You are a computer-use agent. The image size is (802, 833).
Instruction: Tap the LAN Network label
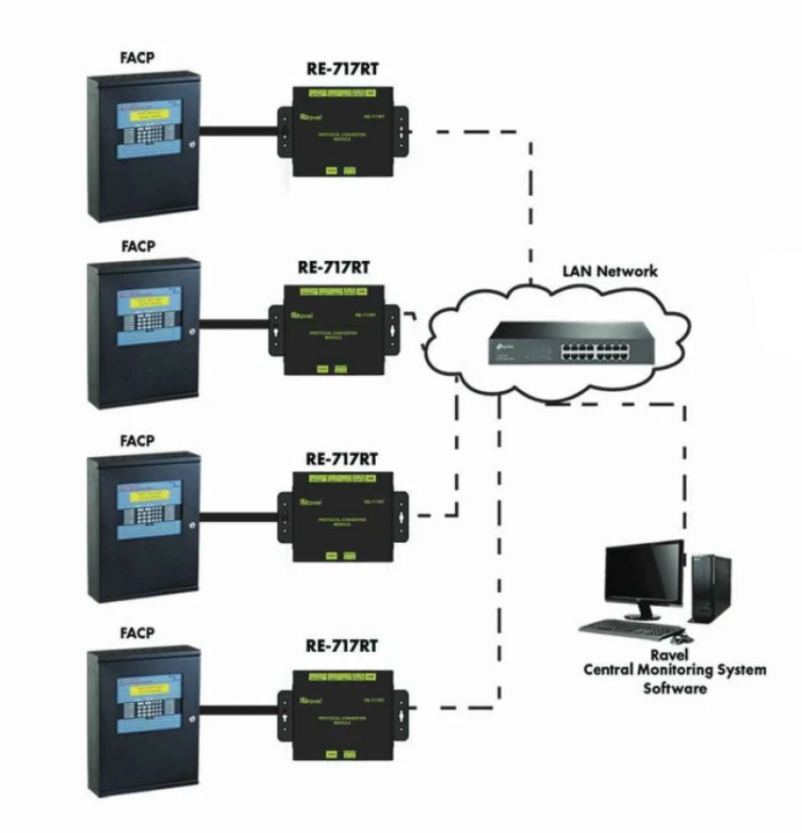[x=610, y=271]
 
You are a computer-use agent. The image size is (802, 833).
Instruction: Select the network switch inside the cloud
[x=556, y=343]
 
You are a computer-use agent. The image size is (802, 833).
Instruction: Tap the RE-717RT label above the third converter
[x=342, y=459]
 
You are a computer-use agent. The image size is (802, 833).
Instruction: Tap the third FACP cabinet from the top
[x=143, y=527]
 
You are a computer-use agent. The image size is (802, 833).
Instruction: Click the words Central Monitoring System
[x=674, y=671]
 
